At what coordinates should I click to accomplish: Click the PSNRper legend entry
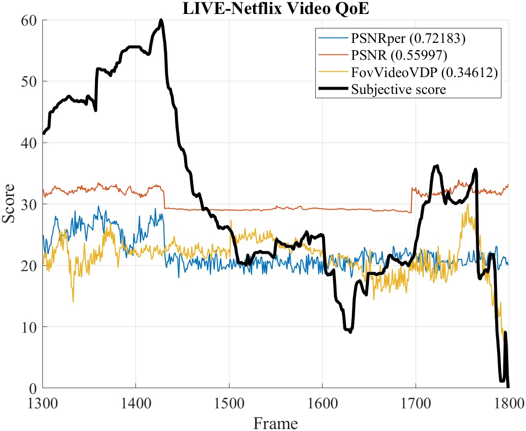pos(408,39)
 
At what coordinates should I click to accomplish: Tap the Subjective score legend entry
pos(398,89)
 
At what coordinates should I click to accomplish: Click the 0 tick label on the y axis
pos(33,388)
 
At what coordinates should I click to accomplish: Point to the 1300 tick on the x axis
pos(43,401)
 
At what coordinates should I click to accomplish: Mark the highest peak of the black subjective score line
pos(161,20)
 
